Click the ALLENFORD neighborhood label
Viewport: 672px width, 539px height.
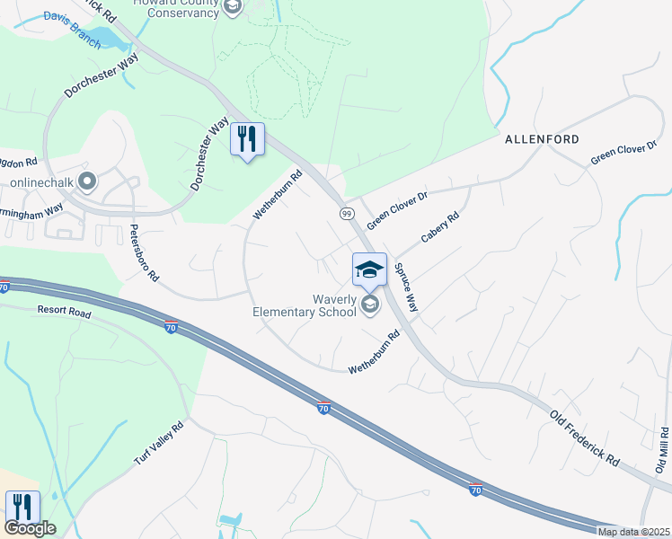click(541, 139)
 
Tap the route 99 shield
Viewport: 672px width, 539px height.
click(346, 213)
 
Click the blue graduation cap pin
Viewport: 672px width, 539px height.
click(369, 269)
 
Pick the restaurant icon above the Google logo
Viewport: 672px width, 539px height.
click(22, 507)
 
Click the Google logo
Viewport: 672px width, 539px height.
click(30, 528)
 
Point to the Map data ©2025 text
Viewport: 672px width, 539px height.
click(633, 532)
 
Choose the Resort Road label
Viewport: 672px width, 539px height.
click(65, 311)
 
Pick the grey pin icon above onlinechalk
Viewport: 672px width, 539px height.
click(87, 181)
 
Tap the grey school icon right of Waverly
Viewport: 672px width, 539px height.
click(369, 306)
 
